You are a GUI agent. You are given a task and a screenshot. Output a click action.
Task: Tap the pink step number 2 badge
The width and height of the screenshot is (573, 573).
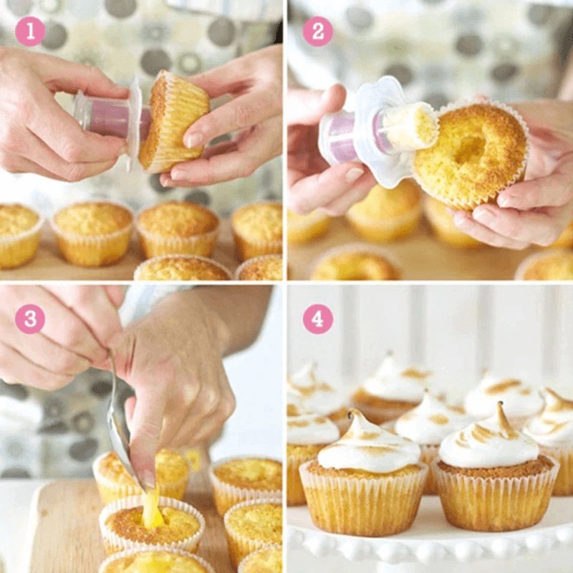(x=317, y=31)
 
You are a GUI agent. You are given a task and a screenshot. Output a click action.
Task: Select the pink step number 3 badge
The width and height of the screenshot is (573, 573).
(x=30, y=319)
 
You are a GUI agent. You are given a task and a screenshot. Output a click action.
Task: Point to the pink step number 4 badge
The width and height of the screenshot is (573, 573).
(x=317, y=319)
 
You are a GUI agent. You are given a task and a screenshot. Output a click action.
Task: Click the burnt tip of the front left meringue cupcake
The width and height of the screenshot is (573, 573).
(x=352, y=414)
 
